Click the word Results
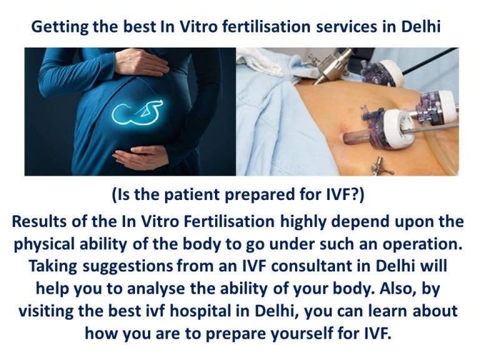tap(42, 222)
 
